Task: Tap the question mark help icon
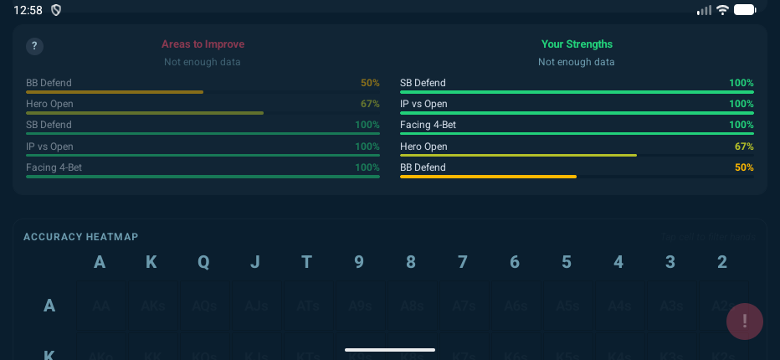point(35,47)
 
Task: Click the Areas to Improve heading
point(203,44)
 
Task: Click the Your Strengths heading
point(577,44)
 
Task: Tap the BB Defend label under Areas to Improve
point(49,83)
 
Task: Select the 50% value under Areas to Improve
point(370,83)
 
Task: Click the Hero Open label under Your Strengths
point(423,147)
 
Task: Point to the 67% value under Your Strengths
point(744,147)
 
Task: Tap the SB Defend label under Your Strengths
point(423,83)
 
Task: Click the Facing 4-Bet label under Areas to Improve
point(54,167)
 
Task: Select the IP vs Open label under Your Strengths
point(423,104)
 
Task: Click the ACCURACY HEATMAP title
point(81,237)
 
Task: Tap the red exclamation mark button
point(745,321)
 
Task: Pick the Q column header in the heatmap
point(203,262)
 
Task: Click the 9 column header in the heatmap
point(359,262)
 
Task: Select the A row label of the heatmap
point(49,306)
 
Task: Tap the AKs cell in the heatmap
point(151,306)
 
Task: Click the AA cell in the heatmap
point(100,306)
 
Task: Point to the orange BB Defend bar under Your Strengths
point(488,177)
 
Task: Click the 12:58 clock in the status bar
point(28,10)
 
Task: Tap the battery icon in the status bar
point(745,10)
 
